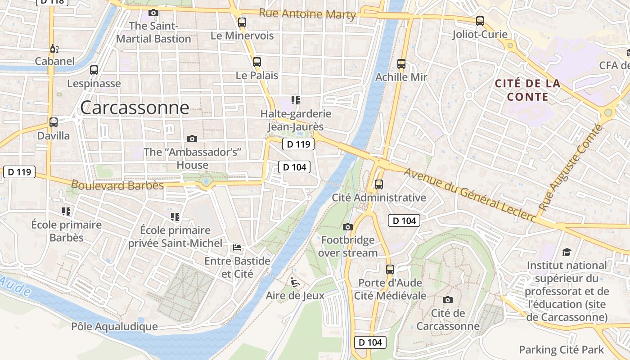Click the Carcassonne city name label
pyautogui.click(x=135, y=108)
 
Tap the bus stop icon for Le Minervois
pyautogui.click(x=242, y=22)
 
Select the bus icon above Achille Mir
pyautogui.click(x=401, y=64)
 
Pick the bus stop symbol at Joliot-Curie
pyautogui.click(x=480, y=21)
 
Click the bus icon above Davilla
pyautogui.click(x=54, y=122)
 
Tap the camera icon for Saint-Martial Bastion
pyautogui.click(x=153, y=13)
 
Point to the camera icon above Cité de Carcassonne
pyautogui.click(x=448, y=300)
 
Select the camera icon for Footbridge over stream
pyautogui.click(x=348, y=227)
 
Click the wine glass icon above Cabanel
pyautogui.click(x=54, y=48)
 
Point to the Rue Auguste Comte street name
pyautogui.click(x=571, y=167)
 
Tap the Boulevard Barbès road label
pyautogui.click(x=117, y=185)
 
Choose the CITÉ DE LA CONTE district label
pyautogui.click(x=527, y=90)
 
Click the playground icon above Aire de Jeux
pyautogui.click(x=295, y=283)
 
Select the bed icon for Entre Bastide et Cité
pyautogui.click(x=237, y=247)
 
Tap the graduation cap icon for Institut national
pyautogui.click(x=567, y=252)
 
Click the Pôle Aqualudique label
pyautogui.click(x=115, y=326)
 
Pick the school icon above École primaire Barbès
pyautogui.click(x=66, y=211)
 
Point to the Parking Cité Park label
pyautogui.click(x=561, y=350)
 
